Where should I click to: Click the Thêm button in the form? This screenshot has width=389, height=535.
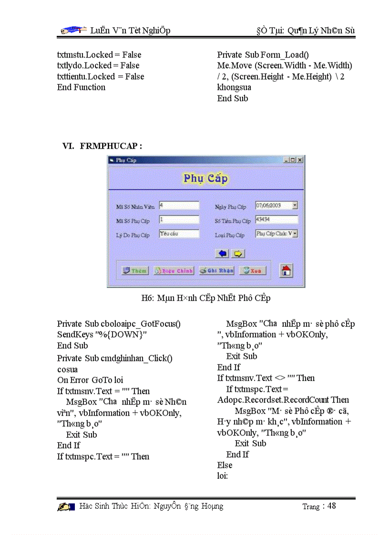coord(135,271)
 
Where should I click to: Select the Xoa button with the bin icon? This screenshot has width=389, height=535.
coord(252,271)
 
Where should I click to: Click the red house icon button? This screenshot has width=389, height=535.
coord(286,271)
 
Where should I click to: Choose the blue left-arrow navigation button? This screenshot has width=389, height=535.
coord(223,253)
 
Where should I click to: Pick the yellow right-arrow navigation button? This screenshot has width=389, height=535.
coord(238,253)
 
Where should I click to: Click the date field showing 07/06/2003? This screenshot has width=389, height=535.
coord(274,205)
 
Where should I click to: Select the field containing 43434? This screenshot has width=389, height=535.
coord(276,220)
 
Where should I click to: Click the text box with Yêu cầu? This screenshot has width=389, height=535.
coord(179,234)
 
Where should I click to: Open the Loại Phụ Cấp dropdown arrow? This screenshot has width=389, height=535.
coord(295,233)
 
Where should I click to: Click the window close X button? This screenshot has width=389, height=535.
coord(300,160)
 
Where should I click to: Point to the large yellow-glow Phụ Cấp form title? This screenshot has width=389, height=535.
coord(206,179)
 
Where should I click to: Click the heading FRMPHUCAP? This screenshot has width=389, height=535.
coord(111,146)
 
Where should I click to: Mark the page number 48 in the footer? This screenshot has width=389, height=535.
coord(331,506)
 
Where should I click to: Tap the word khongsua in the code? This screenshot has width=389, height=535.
coord(234,88)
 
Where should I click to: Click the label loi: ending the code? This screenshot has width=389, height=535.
coord(223,476)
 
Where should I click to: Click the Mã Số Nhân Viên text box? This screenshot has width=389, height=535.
coord(179,205)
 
